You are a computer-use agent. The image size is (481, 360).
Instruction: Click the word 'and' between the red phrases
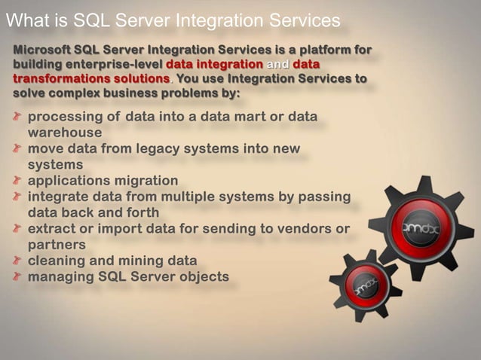point(277,65)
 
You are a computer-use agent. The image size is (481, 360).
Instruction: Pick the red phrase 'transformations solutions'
point(90,79)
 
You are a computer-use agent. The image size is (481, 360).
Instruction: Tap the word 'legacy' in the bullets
point(164,148)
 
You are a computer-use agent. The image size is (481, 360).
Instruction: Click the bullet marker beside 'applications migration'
point(17,181)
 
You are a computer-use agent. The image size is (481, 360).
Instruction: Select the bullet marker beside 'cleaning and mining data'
point(17,261)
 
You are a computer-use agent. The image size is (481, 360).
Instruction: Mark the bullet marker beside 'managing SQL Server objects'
point(17,277)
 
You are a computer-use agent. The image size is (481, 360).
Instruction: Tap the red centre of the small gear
point(365,285)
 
